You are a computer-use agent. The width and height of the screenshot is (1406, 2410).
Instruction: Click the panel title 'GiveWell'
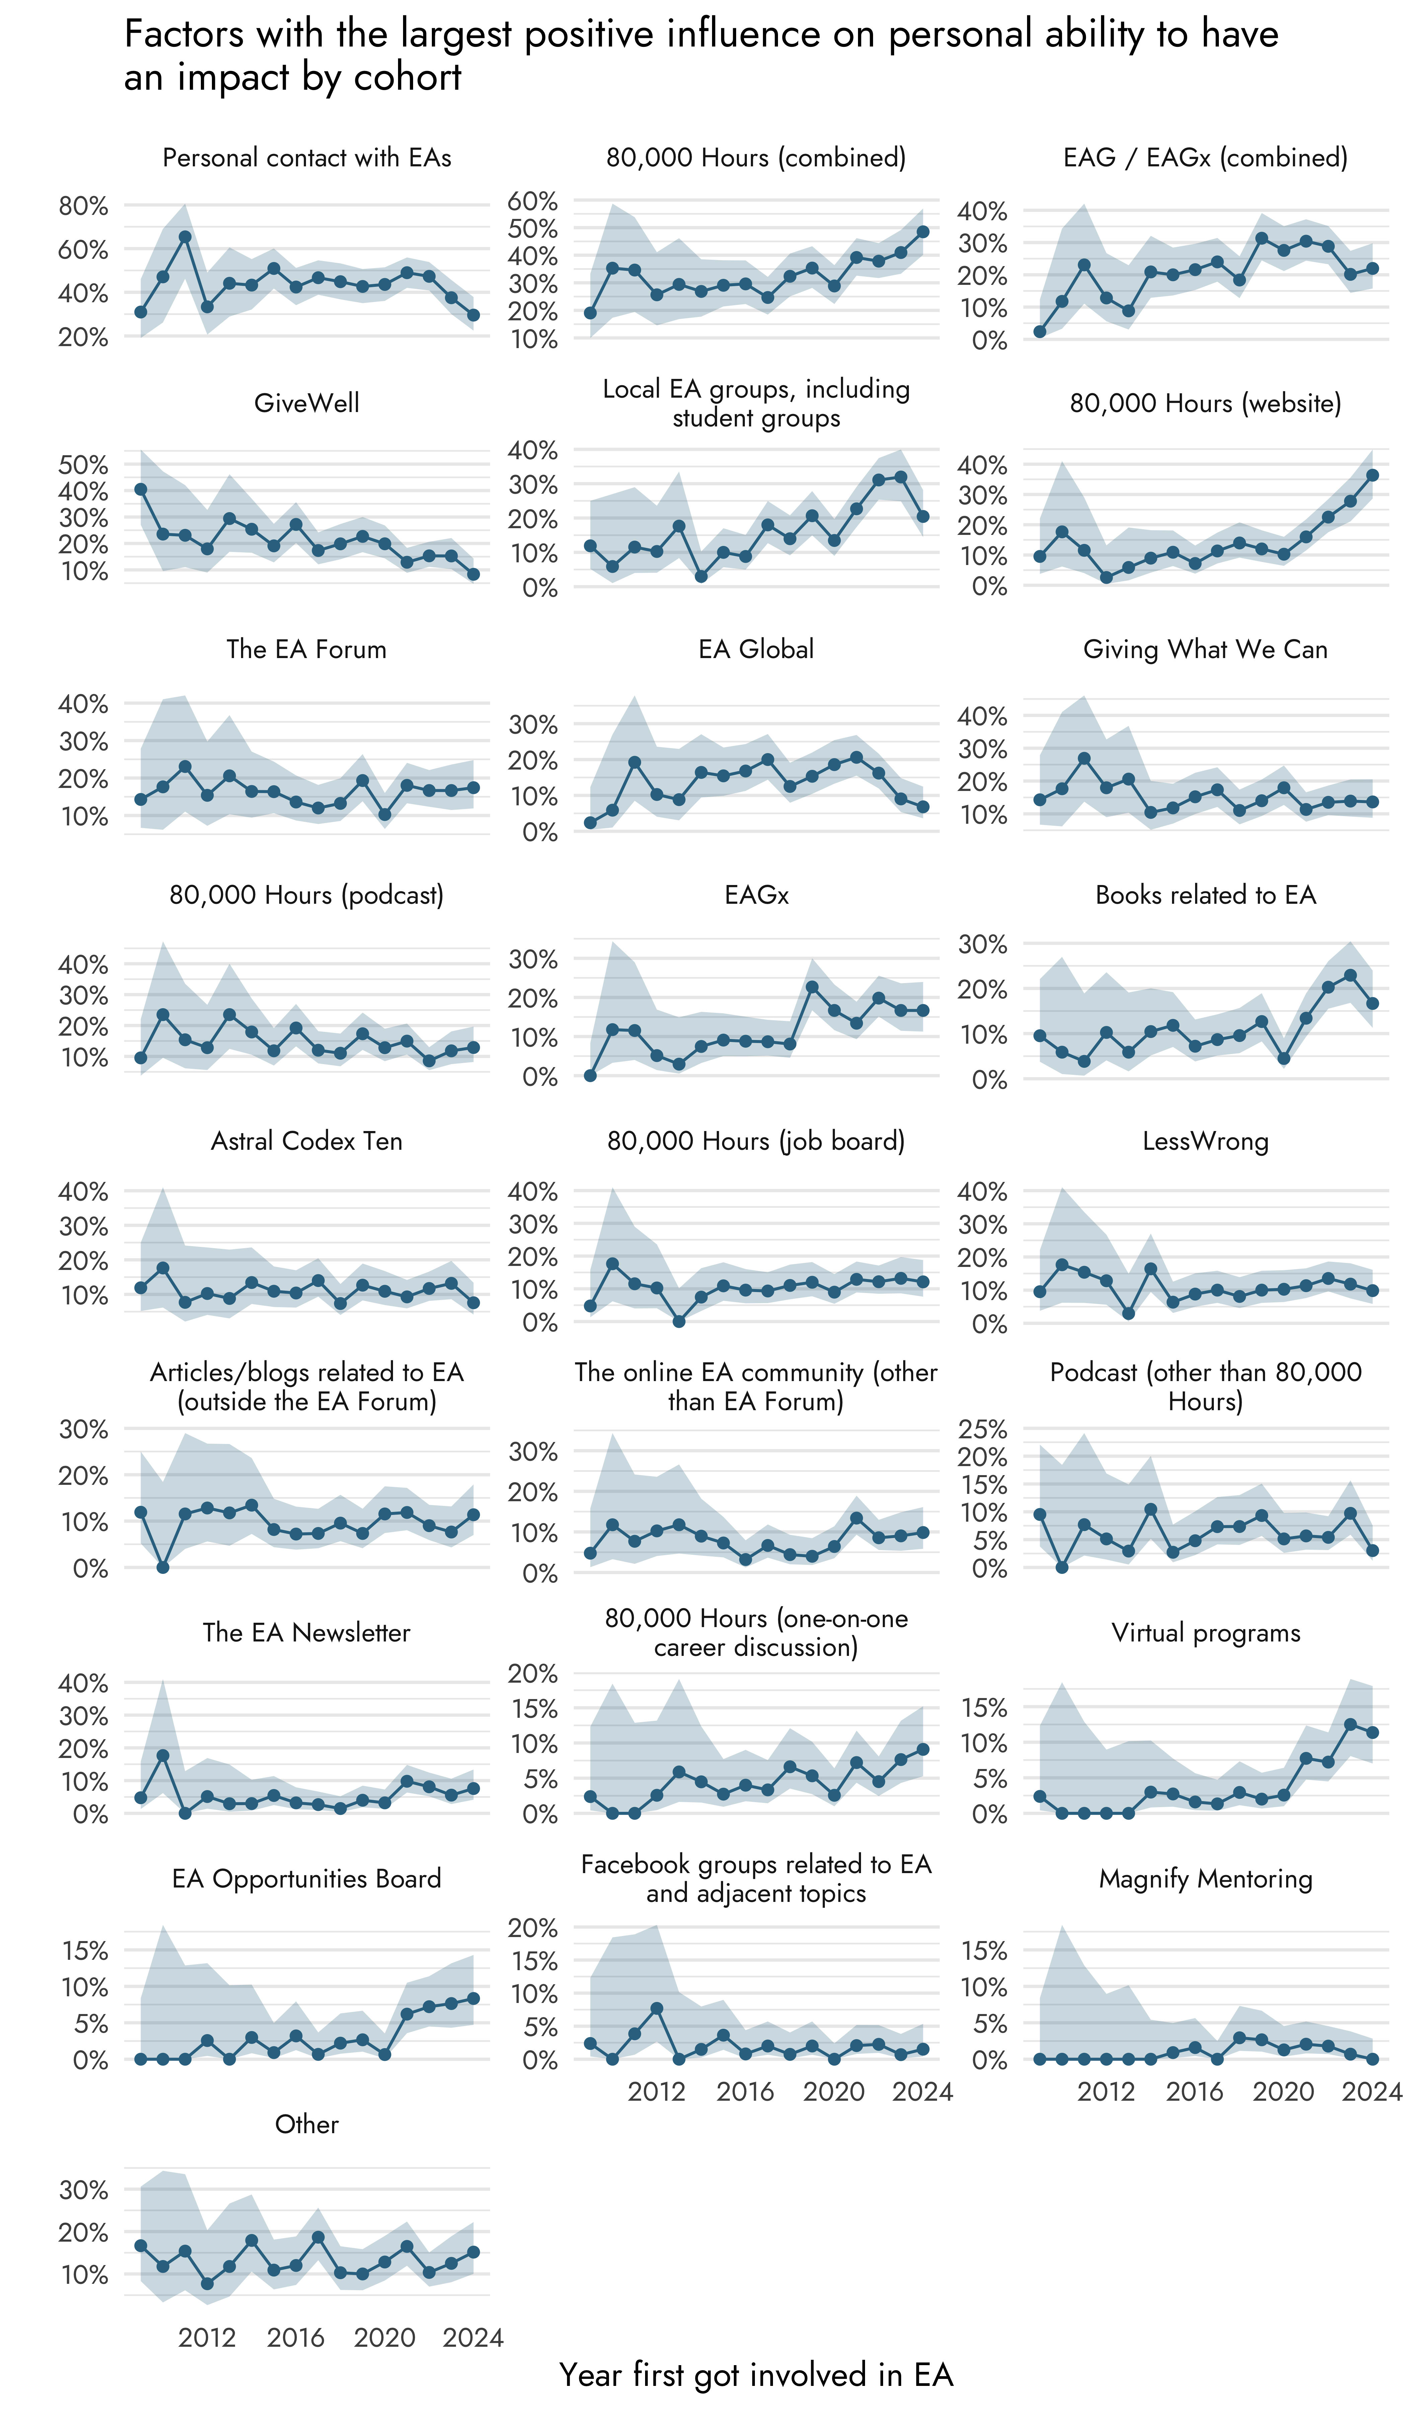[306, 403]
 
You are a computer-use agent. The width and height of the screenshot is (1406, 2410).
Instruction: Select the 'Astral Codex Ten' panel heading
[306, 1141]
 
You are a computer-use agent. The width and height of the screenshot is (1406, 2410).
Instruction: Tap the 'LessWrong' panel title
[1205, 1141]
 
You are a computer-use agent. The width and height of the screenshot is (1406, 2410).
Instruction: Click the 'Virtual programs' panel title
[1205, 1632]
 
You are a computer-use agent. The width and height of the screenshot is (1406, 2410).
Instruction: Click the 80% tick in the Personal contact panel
[83, 206]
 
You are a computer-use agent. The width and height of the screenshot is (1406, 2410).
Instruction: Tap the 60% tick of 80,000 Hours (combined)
[533, 201]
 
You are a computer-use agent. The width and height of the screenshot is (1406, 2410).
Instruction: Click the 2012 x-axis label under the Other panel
[207, 2337]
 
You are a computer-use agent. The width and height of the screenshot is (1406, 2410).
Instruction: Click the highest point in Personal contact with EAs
[184, 236]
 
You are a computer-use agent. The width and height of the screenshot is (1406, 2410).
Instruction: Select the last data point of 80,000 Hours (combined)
[923, 231]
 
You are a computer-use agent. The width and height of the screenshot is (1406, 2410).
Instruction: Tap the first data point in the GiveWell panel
[141, 489]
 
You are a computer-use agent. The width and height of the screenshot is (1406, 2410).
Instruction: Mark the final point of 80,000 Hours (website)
[1373, 474]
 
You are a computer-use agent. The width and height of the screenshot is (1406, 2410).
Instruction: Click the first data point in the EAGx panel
[590, 1076]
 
